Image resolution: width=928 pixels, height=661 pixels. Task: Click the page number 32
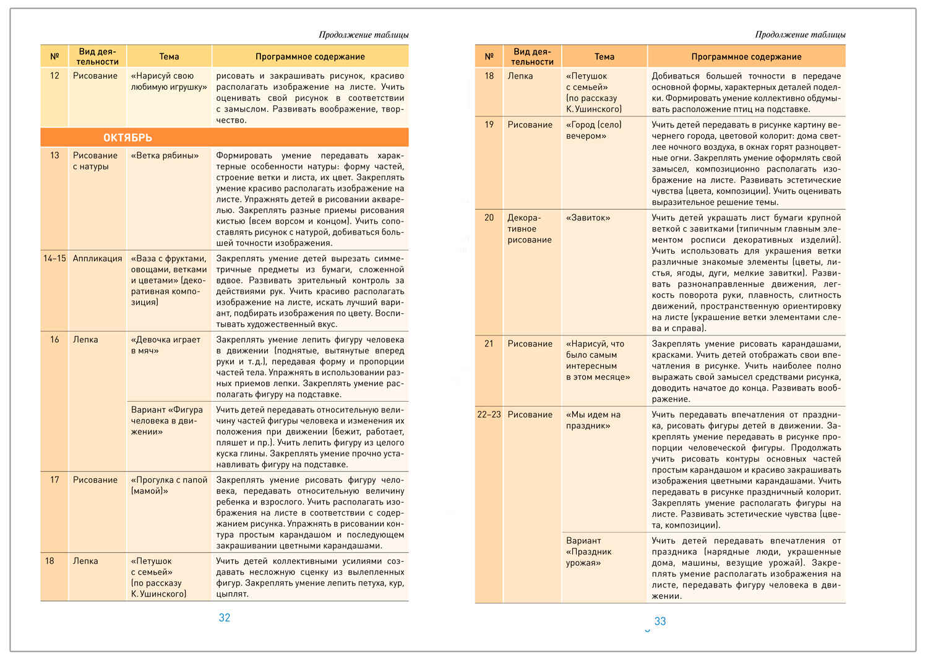[x=225, y=618]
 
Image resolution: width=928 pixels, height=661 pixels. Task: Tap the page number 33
[x=660, y=621]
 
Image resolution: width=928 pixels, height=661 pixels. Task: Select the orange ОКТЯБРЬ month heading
[x=127, y=137]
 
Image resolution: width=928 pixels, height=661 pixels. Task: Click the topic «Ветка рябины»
[x=165, y=155]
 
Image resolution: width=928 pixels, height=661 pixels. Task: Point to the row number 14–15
[x=54, y=259]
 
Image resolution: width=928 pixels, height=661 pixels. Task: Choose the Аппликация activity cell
[x=97, y=259]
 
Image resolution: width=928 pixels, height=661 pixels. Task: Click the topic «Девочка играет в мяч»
[x=166, y=345]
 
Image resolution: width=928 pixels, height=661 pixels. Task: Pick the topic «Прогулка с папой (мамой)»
[x=169, y=485]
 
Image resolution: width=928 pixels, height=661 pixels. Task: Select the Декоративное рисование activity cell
[x=529, y=229]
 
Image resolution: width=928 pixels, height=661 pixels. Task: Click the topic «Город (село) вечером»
[x=594, y=130]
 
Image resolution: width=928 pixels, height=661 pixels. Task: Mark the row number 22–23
[x=489, y=415]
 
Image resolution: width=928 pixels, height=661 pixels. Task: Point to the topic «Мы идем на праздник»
[x=593, y=420]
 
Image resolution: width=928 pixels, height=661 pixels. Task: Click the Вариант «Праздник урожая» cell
[x=588, y=551]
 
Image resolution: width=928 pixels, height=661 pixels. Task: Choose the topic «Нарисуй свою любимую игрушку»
[x=168, y=81]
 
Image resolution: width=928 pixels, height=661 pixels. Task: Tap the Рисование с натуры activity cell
[x=95, y=161]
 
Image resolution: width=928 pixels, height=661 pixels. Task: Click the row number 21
[x=489, y=344]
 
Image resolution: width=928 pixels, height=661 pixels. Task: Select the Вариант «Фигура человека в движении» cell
[x=166, y=420]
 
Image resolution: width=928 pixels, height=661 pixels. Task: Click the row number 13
[x=54, y=155]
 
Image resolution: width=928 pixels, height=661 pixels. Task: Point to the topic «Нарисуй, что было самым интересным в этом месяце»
[x=598, y=360]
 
